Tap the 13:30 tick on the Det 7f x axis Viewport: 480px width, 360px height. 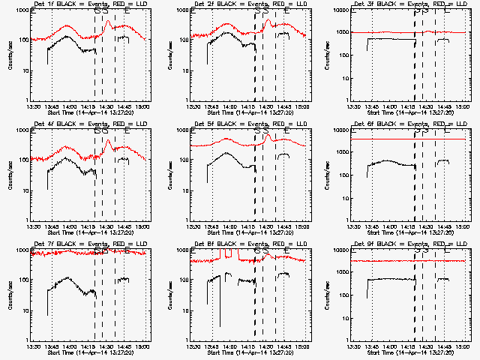click(33, 346)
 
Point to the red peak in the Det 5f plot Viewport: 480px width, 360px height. click(268, 135)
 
